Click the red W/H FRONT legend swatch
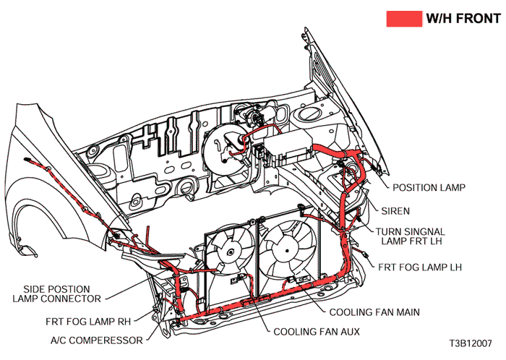click(x=404, y=19)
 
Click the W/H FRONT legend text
click(x=460, y=19)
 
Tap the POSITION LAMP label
click(x=429, y=187)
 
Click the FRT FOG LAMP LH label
click(x=419, y=267)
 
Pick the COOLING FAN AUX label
click(x=316, y=332)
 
